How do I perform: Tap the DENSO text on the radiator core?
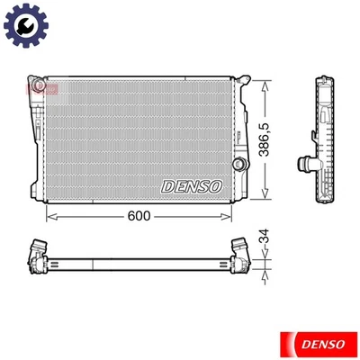click(192, 186)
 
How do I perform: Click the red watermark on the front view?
click(42, 89)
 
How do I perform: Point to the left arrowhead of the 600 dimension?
click(49, 216)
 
